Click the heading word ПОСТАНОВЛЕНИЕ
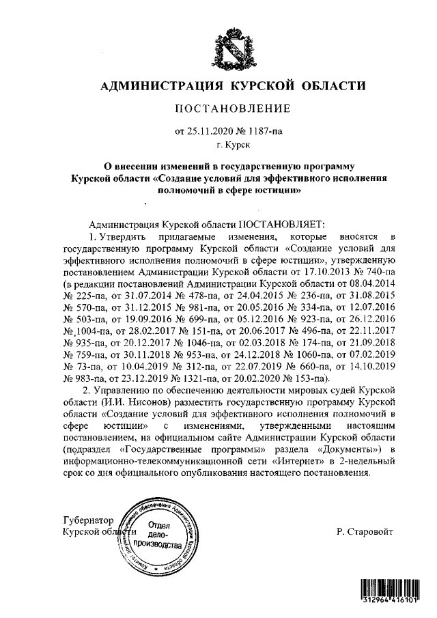pos(234,109)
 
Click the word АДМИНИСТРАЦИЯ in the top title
pos(159,86)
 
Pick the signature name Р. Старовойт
pos(365,531)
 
